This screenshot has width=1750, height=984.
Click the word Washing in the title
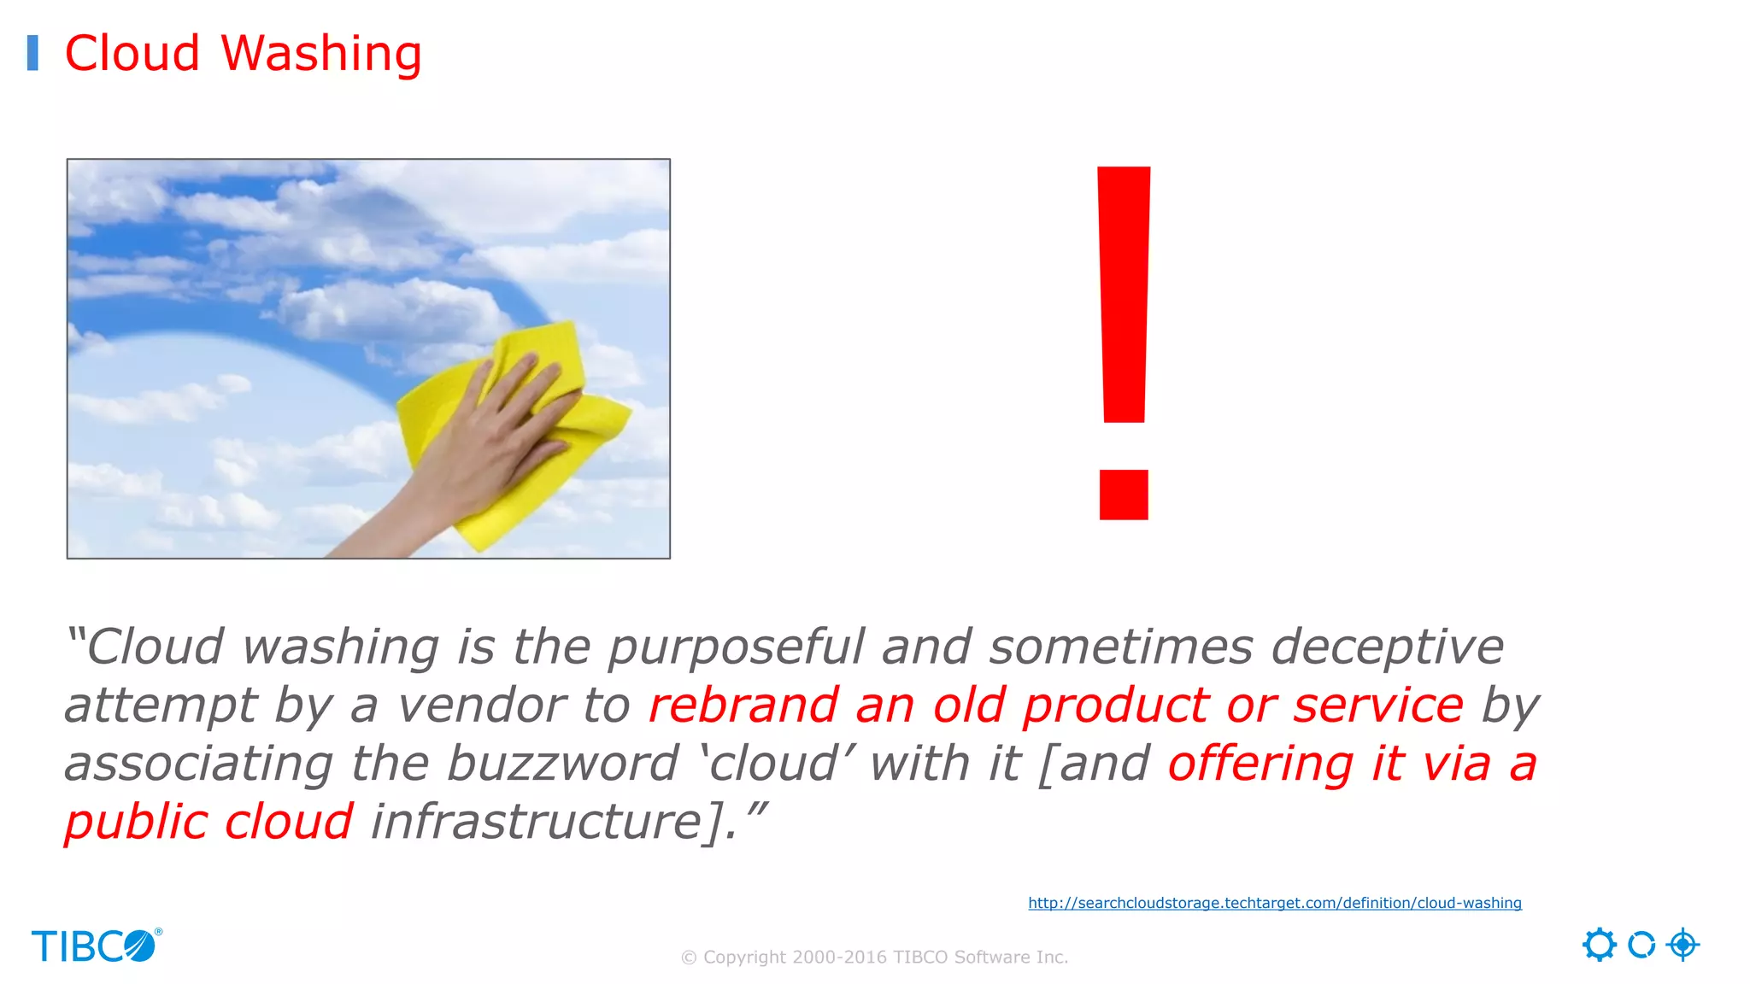pos(321,54)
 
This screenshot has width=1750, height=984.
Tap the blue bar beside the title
pos(32,53)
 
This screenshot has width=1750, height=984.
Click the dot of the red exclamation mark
pos(1124,495)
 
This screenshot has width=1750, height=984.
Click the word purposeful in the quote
pos(736,647)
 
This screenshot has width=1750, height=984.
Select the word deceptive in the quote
pos(1386,647)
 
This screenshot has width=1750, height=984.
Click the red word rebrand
pos(743,706)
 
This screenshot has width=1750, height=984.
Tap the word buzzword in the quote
pos(561,763)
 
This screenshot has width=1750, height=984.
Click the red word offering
pos(1260,763)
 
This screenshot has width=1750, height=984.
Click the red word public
pos(135,822)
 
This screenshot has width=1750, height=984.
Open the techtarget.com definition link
pos(1274,903)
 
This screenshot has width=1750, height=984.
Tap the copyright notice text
pos(874,958)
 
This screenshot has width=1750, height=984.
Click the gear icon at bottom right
pos(1599,945)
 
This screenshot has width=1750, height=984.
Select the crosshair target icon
pos(1682,945)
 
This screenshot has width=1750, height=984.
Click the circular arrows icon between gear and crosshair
pos(1641,945)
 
